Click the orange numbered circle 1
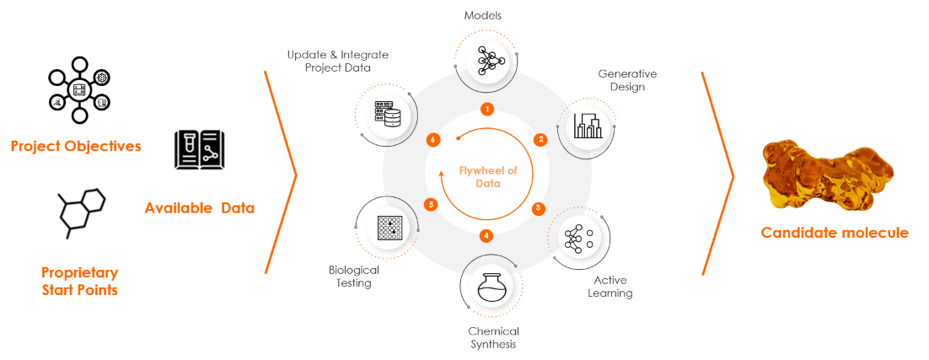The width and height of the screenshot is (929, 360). click(x=487, y=109)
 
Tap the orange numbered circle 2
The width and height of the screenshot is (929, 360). click(x=540, y=140)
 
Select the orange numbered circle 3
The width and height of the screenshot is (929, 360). click(x=538, y=208)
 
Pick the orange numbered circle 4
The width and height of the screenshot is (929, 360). click(x=486, y=236)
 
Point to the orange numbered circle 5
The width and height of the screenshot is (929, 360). click(x=432, y=205)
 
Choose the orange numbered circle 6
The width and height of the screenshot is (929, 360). click(x=433, y=140)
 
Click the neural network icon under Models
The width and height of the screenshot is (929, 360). click(x=487, y=59)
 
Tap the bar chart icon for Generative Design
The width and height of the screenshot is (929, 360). click(x=588, y=126)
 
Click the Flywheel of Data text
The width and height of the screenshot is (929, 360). click(x=488, y=177)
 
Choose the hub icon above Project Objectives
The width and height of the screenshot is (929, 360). click(x=79, y=90)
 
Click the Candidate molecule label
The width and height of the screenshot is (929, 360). click(x=835, y=233)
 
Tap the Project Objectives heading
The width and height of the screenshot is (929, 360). click(x=76, y=146)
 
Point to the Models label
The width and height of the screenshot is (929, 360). click(x=483, y=16)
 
